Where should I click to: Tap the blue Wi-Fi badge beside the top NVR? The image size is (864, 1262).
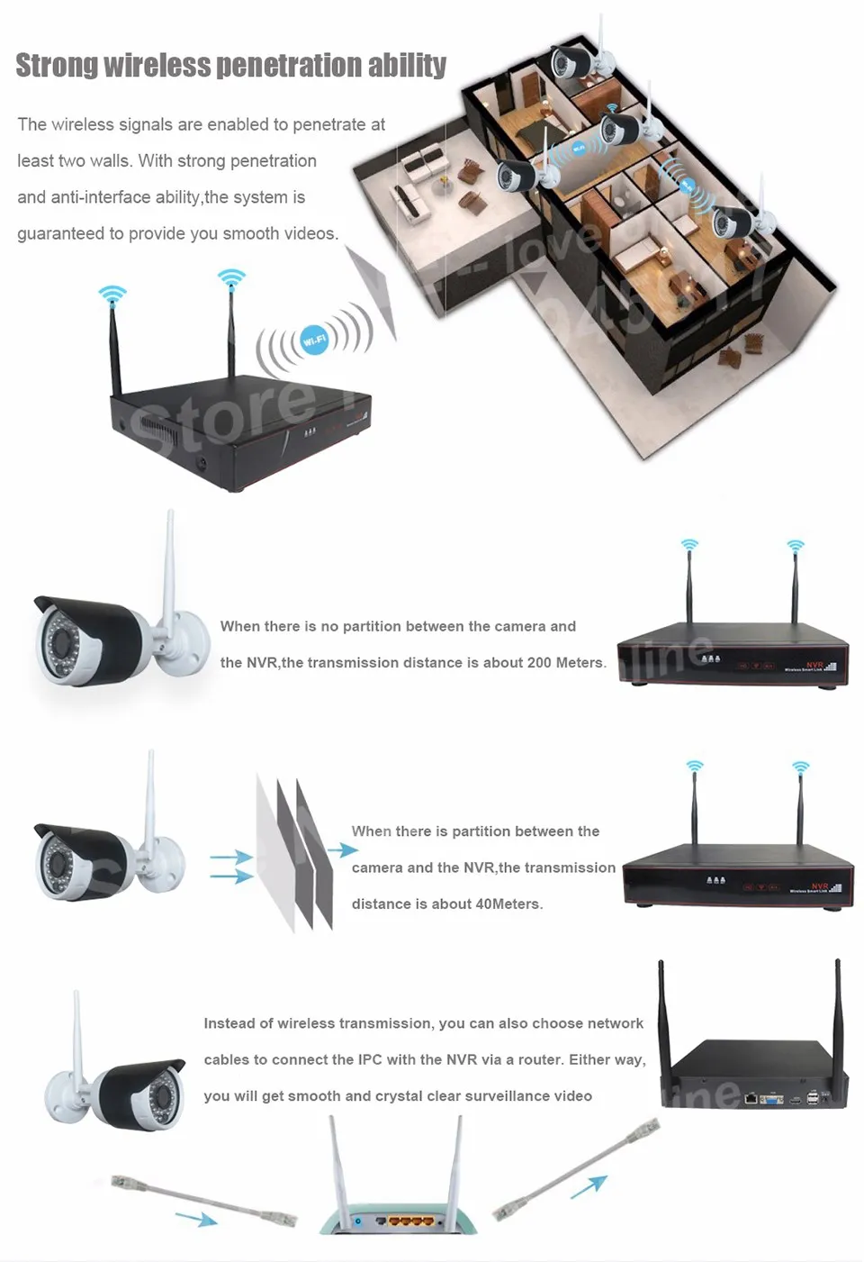(x=314, y=340)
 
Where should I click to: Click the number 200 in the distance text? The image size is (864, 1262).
(x=539, y=663)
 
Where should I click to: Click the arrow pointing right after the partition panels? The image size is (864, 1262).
(x=342, y=850)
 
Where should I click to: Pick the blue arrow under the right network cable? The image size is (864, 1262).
(x=589, y=1188)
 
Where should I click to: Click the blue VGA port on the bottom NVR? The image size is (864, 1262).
(x=771, y=1100)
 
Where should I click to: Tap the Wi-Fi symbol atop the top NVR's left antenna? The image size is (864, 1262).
(x=112, y=295)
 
